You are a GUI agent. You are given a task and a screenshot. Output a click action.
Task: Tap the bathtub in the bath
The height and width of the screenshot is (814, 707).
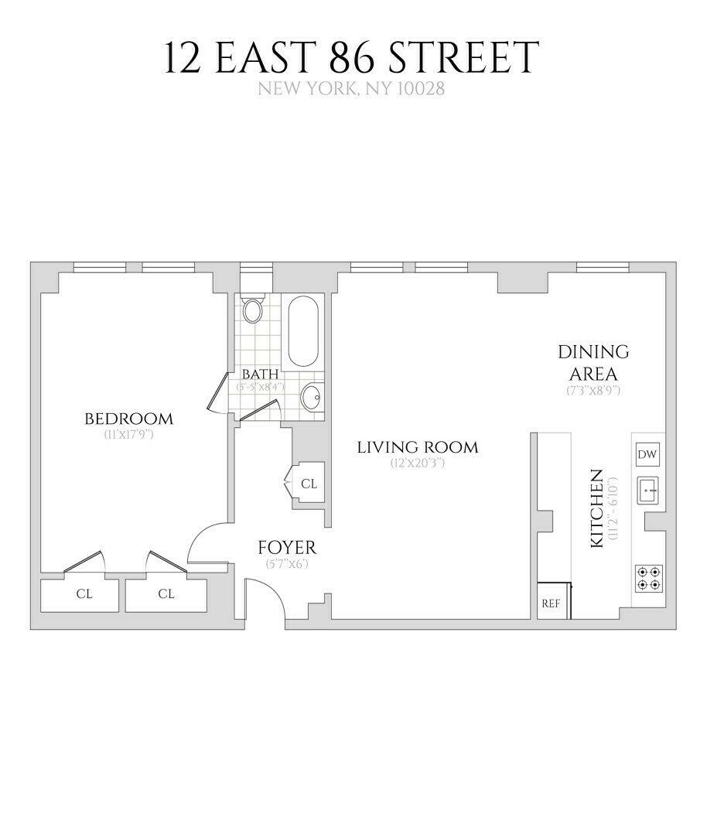point(302,332)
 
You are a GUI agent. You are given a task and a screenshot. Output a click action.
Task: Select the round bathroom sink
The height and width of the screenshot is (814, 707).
point(312,398)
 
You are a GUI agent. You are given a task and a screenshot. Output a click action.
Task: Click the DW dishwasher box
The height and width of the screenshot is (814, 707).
point(647,454)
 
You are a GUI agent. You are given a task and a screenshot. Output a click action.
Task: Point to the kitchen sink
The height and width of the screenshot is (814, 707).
point(647,490)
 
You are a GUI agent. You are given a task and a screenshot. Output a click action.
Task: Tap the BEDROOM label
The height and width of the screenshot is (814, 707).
point(129,419)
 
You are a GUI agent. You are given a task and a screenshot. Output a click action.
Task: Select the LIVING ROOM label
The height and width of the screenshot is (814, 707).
point(418,447)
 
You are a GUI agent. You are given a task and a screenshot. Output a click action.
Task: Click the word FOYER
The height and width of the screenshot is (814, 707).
point(287,548)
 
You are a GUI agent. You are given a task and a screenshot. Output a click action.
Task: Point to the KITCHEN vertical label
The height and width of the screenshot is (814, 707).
point(597,508)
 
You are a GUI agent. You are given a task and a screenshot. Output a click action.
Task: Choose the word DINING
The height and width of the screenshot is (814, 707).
point(593,352)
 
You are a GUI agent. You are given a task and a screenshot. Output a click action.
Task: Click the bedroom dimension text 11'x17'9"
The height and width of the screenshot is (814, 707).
point(129,436)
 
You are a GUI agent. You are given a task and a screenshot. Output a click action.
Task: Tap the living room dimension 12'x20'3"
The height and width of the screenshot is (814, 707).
point(418,463)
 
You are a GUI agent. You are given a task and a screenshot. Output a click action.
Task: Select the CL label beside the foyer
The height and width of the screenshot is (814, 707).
point(309,484)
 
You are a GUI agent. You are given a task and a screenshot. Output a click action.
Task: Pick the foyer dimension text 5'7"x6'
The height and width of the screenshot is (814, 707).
point(287,564)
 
